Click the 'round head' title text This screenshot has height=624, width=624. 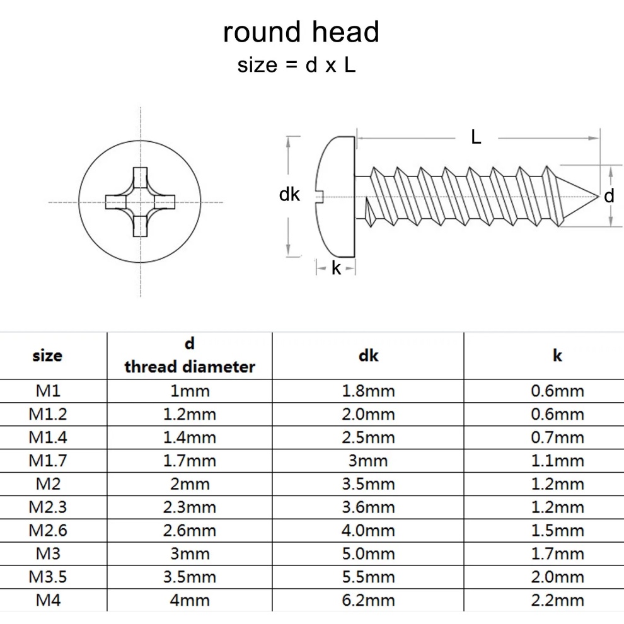pos(301,32)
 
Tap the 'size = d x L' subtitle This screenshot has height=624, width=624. pos(296,65)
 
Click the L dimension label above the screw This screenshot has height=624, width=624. pos(476,137)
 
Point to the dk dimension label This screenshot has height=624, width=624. pos(289,195)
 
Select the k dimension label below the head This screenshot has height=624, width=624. pos(337,269)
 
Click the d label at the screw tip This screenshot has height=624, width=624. pos(609,196)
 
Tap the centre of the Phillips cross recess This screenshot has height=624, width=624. pos(140,202)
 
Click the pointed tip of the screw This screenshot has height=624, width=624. pos(598,196)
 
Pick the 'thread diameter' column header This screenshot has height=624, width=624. pos(190,366)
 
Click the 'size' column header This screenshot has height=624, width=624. pos(47,355)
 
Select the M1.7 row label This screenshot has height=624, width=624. pos(48,461)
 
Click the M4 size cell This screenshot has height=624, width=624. pos(48,599)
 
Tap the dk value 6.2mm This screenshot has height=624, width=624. pos(368,599)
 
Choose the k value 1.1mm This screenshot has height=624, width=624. pos(558,461)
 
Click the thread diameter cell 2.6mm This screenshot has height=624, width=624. pos(190,530)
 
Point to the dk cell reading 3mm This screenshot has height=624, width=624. pos(368,461)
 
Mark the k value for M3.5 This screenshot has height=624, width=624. pos(558,577)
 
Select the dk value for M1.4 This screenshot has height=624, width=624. pos(368,437)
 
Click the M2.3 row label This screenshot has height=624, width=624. pos(48,507)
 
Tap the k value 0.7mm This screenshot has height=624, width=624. pos(558,437)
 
